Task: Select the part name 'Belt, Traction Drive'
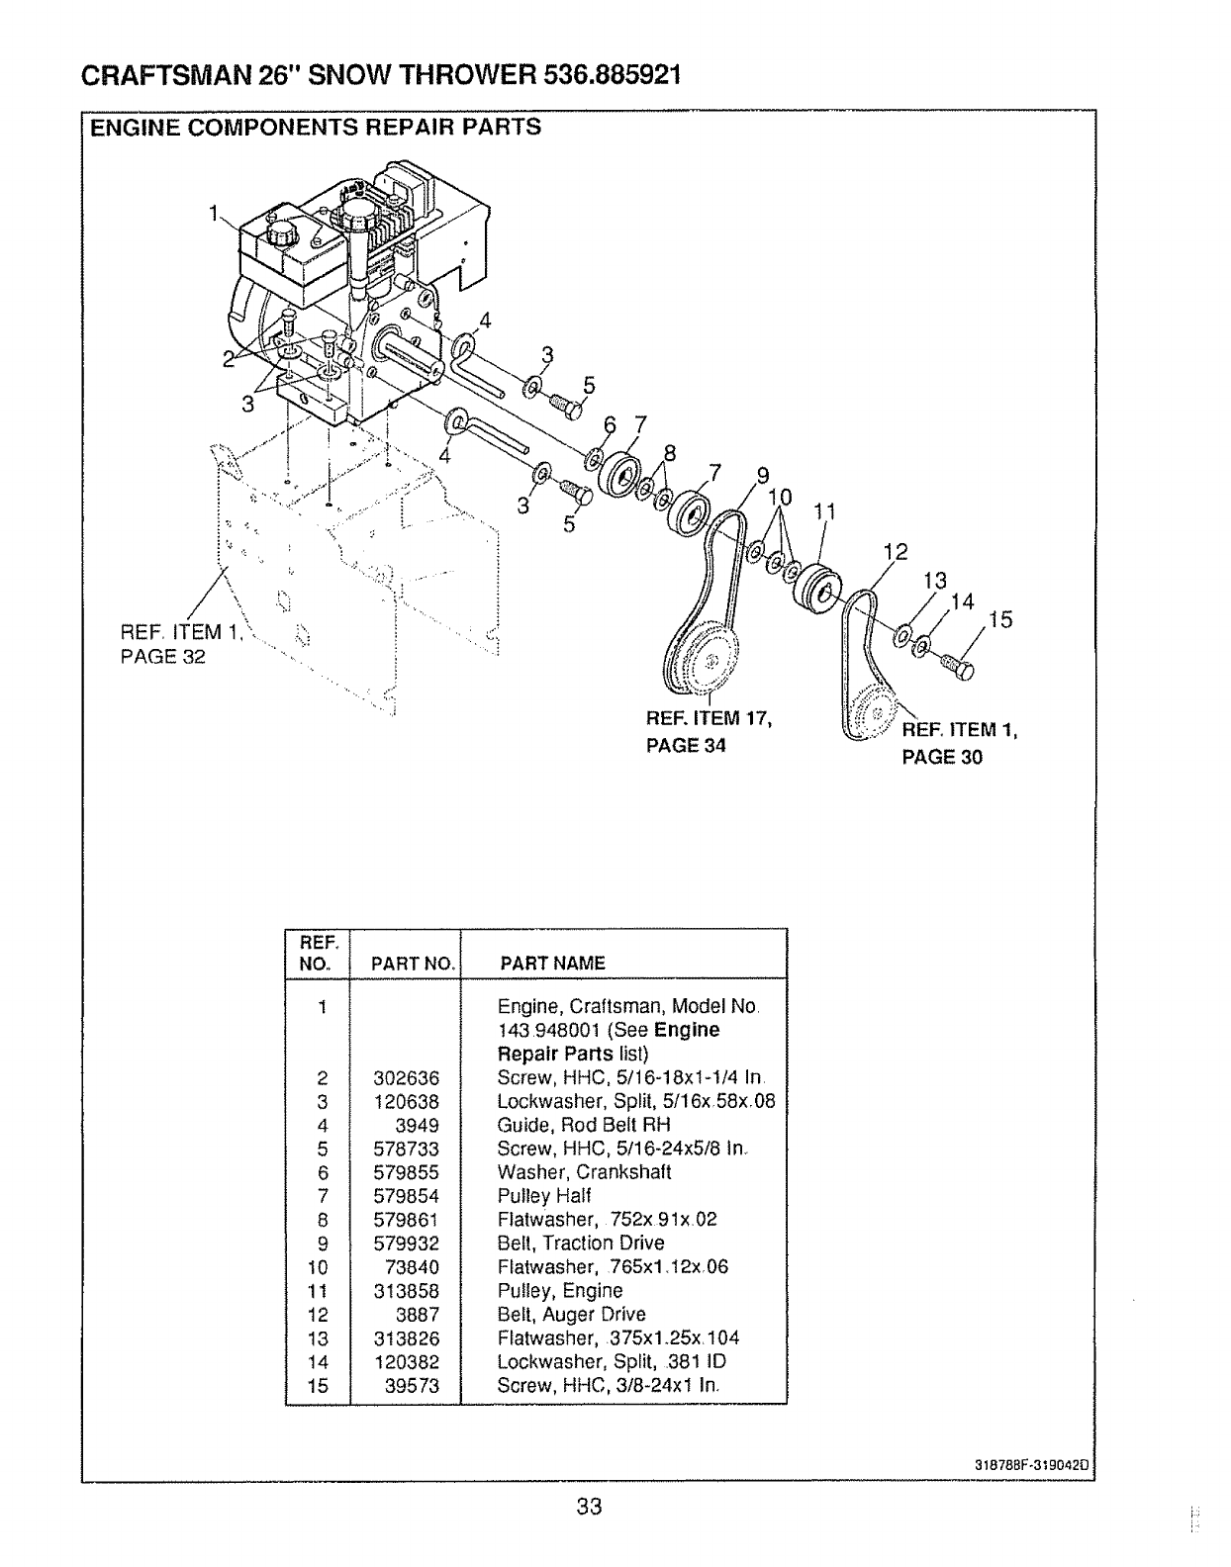coord(580,1244)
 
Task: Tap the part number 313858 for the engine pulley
coord(406,1291)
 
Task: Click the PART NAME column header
coord(552,963)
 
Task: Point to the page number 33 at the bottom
coord(590,1507)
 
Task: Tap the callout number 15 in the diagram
coord(999,620)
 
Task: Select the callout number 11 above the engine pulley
coord(825,511)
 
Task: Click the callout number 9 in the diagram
coord(762,474)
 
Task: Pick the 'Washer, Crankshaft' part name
coord(584,1172)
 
